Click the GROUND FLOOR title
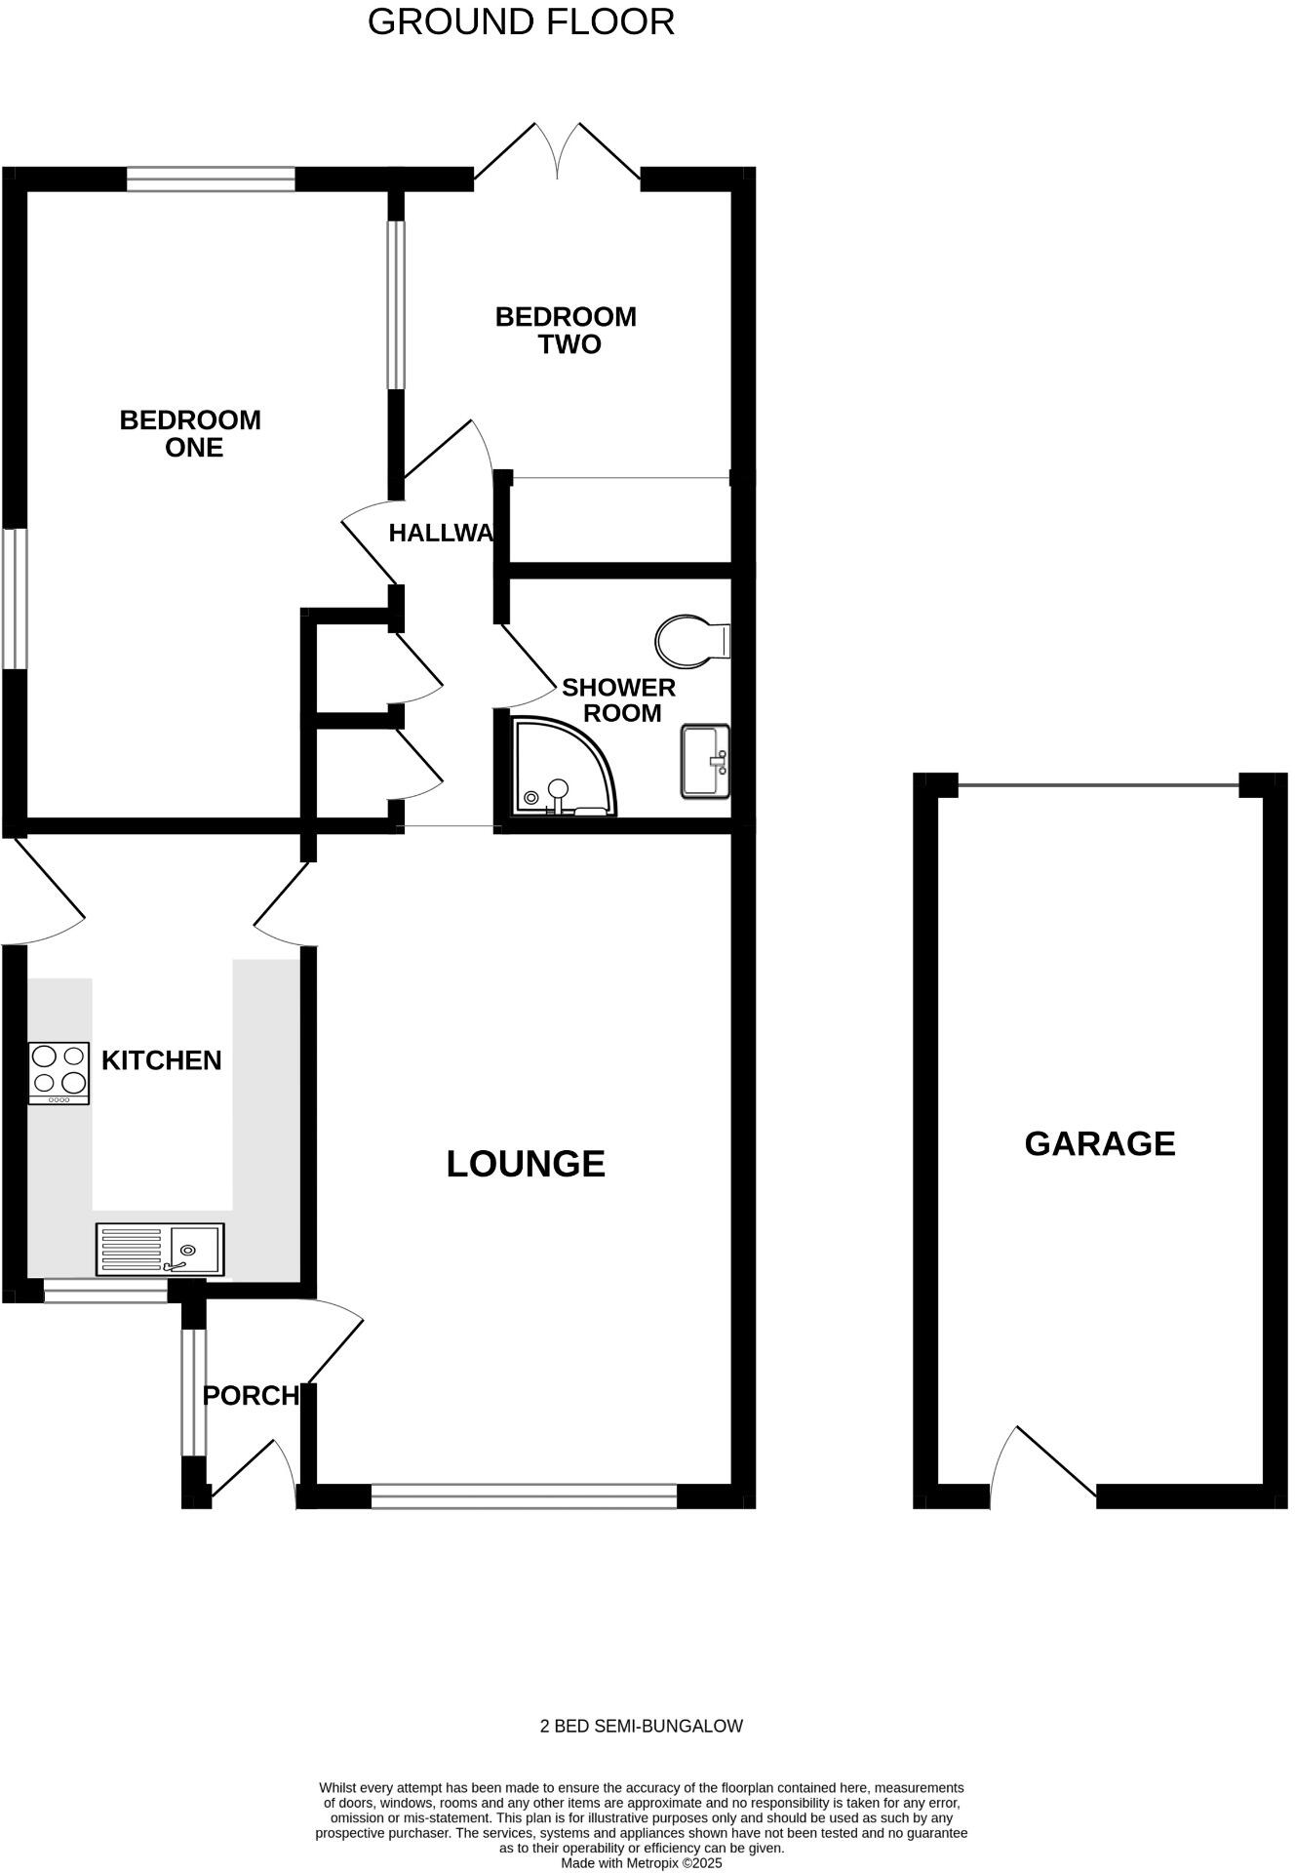coord(521,21)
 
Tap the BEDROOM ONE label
coord(191,434)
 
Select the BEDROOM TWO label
coord(566,331)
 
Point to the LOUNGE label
coord(526,1164)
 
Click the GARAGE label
coord(1099,1143)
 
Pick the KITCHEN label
coord(162,1060)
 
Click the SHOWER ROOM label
coord(619,700)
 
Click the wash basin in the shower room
coord(704,761)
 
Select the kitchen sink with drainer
coord(160,1250)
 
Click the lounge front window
coord(524,1496)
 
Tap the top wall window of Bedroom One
coord(211,179)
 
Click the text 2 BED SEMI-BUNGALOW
coord(641,1726)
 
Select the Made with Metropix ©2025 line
coord(641,1862)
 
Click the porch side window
coord(195,1392)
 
